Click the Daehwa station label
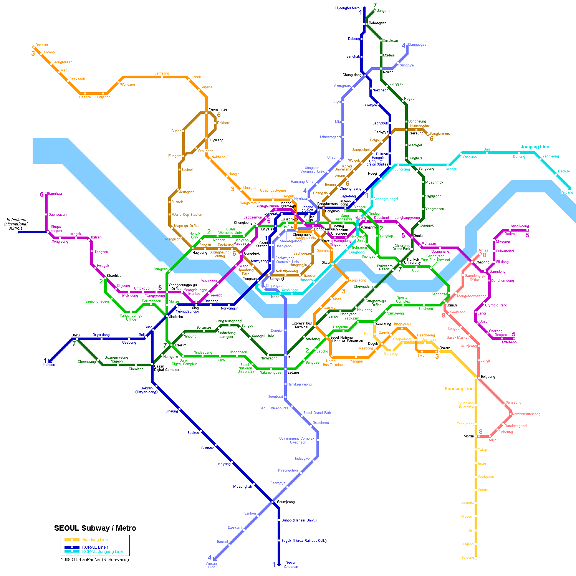pyautogui.click(x=41, y=45)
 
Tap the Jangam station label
pyautogui.click(x=383, y=11)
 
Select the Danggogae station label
pyautogui.click(x=417, y=45)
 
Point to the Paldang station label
pyautogui.click(x=567, y=192)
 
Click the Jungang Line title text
pyautogui.click(x=535, y=147)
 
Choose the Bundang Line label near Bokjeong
pyautogui.click(x=459, y=389)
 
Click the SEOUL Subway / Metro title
pyautogui.click(x=95, y=528)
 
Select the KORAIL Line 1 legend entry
pyautogui.click(x=95, y=547)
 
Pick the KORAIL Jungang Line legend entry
pyautogui.click(x=102, y=551)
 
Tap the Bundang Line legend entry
pyautogui.click(x=95, y=540)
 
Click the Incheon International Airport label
pyautogui.click(x=16, y=224)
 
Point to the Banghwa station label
pyautogui.click(x=55, y=194)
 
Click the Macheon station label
pyautogui.click(x=509, y=342)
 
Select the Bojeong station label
pyautogui.click(x=467, y=558)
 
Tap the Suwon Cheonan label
pyautogui.click(x=291, y=564)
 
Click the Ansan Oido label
pyautogui.click(x=212, y=565)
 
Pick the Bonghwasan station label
pyautogui.click(x=440, y=134)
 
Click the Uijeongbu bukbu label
pyautogui.click(x=348, y=8)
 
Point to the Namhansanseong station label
pyautogui.click(x=526, y=414)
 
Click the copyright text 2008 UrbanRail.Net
pyautogui.click(x=95, y=559)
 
